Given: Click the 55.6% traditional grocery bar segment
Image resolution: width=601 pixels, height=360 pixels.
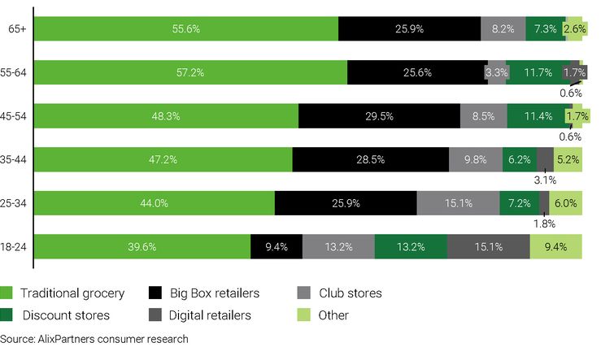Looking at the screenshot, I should click(186, 28).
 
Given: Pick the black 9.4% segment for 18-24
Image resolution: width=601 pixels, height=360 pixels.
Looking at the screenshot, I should click(277, 247).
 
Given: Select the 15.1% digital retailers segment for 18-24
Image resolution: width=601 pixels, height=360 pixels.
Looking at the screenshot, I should click(488, 247).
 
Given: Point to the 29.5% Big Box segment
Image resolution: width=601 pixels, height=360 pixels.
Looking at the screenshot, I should click(379, 116).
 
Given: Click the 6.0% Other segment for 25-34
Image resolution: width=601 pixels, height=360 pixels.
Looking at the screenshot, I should click(565, 203).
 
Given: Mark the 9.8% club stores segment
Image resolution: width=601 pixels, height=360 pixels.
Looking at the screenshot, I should click(476, 160).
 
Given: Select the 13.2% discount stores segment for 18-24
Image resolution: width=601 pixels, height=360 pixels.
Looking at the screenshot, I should click(411, 247).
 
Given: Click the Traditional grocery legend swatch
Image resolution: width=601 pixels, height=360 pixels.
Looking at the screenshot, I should click(7, 293).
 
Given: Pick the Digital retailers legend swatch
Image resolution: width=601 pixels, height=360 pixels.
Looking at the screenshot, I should click(155, 315).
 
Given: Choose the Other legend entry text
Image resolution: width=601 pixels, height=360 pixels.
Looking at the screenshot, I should click(333, 315).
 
